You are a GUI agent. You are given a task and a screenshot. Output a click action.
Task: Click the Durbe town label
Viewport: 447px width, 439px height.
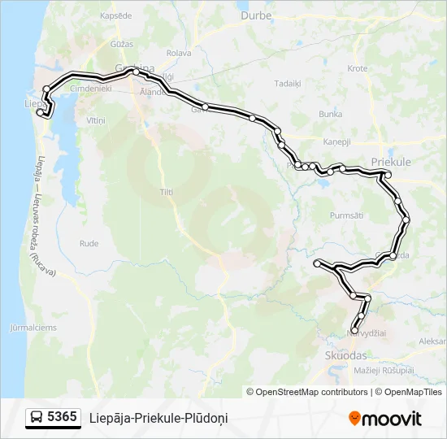257,15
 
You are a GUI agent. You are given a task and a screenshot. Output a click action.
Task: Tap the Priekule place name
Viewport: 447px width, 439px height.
390,162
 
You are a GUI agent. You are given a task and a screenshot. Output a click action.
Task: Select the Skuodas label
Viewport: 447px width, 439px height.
345,356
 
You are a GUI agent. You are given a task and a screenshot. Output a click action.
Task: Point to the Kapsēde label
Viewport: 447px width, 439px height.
114,15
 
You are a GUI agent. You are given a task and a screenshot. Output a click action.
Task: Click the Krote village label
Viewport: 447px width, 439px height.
357,68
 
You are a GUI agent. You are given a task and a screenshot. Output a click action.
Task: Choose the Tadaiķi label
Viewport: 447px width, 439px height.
288,83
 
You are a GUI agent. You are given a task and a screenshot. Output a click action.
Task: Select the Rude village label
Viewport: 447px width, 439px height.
89,243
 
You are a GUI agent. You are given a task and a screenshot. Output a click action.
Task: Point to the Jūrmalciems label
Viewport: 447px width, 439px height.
33,328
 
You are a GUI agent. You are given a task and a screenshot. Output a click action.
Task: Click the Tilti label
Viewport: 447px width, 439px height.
167,192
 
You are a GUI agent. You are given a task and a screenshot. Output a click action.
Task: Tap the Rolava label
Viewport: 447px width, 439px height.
177,53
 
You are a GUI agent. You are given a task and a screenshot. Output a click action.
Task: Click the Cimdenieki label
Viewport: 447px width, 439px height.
91,88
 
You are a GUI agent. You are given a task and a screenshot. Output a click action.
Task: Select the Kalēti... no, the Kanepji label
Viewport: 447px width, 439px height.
336,141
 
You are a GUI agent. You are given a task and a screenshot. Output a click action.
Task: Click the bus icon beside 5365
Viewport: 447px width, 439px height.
37,418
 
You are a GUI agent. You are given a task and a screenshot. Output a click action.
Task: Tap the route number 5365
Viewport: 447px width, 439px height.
62,418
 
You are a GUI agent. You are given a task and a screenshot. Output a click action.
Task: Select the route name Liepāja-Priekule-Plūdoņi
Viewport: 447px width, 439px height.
158,418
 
